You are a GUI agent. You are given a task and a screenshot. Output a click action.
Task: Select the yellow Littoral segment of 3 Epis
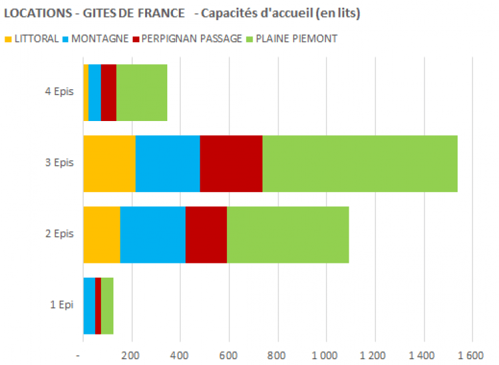click(109, 164)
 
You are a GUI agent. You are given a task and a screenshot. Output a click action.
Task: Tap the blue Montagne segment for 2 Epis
click(153, 235)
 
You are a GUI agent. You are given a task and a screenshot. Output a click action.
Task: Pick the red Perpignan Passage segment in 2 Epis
click(206, 235)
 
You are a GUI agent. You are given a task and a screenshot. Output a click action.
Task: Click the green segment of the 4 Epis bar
click(141, 93)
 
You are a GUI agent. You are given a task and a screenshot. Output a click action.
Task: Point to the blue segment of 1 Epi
click(89, 305)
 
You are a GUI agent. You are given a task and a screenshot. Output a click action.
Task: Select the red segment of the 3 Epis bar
click(231, 164)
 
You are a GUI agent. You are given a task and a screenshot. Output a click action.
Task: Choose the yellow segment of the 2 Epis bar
click(102, 235)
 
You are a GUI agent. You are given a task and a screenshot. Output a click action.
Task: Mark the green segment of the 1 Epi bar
click(107, 305)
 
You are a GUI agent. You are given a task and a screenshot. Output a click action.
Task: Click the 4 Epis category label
click(59, 92)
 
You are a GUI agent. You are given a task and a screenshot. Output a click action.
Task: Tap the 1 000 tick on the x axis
click(326, 355)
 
